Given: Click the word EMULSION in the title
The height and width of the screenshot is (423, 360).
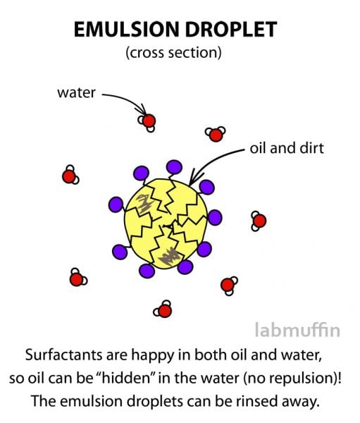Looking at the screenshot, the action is point(127,29).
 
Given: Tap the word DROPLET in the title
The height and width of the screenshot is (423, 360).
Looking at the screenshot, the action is point(231,29).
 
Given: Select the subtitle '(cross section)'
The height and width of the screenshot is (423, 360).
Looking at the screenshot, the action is point(173,53).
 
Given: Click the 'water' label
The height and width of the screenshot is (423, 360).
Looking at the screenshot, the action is point(76,93).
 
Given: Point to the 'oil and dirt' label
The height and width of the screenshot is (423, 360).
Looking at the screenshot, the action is point(287,148).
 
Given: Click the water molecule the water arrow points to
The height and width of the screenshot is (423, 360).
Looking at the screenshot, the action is point(147,122).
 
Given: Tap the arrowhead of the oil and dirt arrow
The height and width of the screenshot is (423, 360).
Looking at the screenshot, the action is point(195,178).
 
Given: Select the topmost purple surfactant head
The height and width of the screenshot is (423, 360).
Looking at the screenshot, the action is point(174,167).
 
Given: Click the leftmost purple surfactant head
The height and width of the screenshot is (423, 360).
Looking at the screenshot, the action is point(116,204).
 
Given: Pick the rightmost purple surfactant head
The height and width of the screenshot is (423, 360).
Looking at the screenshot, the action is point(215,217).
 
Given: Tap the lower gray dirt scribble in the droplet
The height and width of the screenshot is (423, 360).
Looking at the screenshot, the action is point(169,257).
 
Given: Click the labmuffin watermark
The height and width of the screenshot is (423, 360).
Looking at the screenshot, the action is point(297,330).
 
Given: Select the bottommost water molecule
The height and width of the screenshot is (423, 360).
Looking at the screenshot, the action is point(163,309).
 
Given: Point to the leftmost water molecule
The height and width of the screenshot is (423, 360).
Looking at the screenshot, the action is point(70,176).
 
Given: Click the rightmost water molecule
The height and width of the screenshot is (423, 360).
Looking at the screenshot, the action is point(259,221).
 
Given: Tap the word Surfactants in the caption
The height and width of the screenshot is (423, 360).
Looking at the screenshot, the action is point(64,355).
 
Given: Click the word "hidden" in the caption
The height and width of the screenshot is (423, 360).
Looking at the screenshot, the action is point(125,378).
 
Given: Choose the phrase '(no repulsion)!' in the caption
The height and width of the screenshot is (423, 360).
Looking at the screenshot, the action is point(292,379).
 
